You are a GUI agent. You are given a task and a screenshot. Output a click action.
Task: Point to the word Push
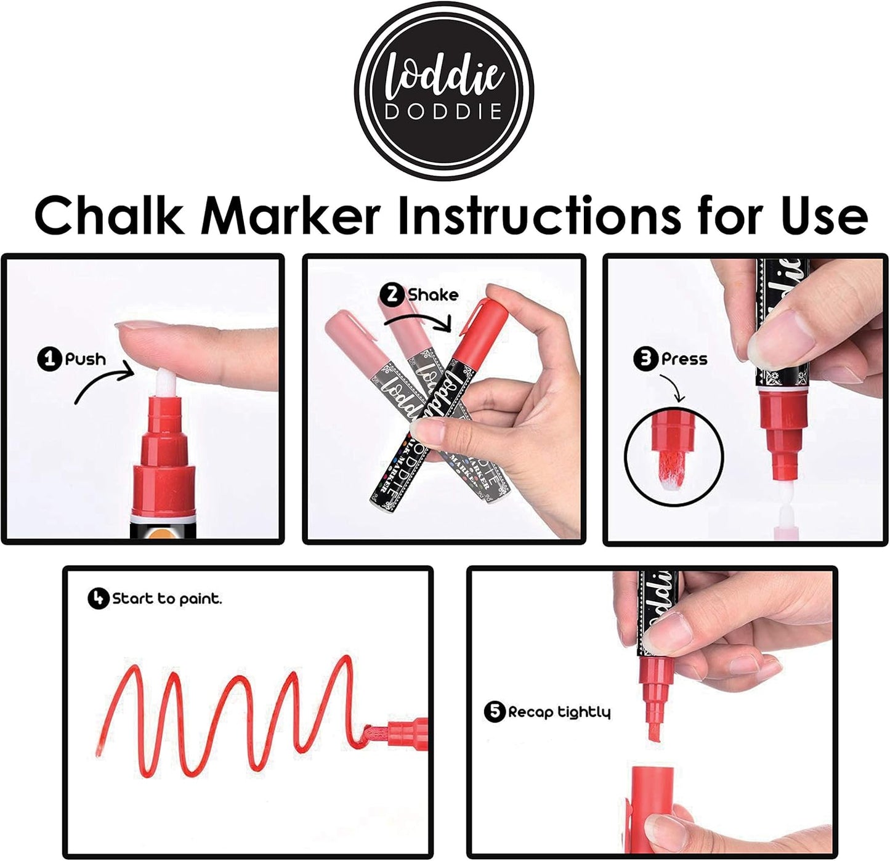coord(85,359)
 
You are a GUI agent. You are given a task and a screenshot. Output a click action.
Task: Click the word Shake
coord(433,295)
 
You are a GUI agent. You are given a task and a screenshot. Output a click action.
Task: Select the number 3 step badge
coord(646,358)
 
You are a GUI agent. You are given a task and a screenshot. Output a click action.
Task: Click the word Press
coord(684,358)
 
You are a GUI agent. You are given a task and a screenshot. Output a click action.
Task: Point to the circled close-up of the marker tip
coord(673,455)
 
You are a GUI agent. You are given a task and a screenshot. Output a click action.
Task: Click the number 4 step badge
coord(98,598)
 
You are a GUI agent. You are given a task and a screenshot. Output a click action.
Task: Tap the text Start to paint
coord(166,599)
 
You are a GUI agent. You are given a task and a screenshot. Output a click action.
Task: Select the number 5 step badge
coord(495,712)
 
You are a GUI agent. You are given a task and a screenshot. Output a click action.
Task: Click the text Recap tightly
coord(559,713)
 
